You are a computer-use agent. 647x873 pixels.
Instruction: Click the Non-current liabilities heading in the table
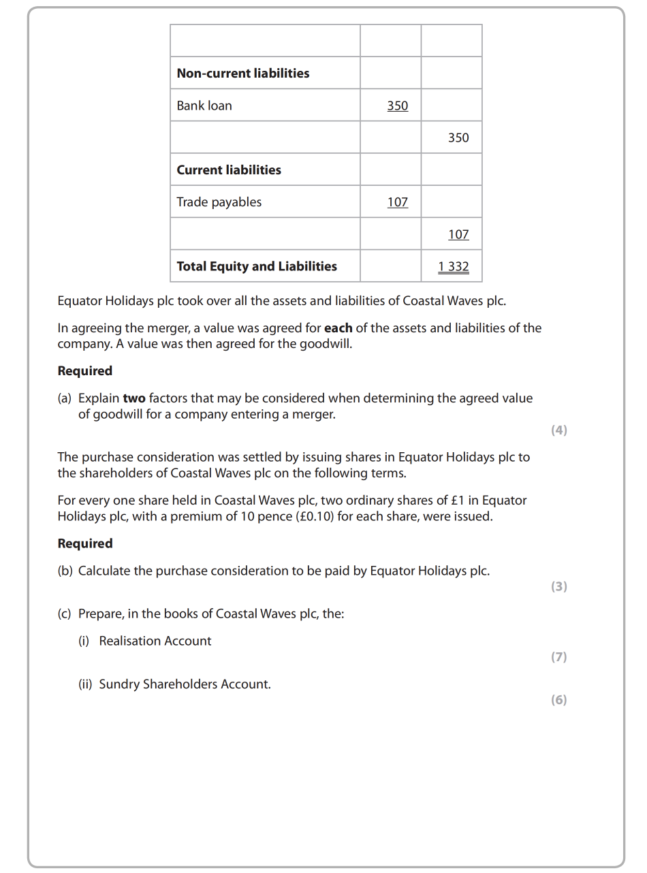coord(242,74)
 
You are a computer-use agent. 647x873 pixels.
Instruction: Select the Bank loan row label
coord(204,106)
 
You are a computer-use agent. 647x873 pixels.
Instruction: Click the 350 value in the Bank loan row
coord(397,106)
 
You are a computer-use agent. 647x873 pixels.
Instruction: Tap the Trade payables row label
coord(219,202)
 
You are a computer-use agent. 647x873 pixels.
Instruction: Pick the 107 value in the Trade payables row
coord(397,202)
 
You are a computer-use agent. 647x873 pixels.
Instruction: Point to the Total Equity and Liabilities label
coord(256,266)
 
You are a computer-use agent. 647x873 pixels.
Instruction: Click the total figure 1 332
coord(454,266)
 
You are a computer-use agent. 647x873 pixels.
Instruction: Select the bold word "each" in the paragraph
coord(338,328)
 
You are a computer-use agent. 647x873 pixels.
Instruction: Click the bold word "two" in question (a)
coord(134,398)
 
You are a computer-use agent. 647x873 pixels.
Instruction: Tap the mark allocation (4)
coord(558,430)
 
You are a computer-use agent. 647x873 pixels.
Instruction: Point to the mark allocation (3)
coord(558,586)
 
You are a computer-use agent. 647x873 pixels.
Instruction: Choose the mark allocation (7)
coord(558,657)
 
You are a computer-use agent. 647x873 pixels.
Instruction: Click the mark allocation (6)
coord(558,700)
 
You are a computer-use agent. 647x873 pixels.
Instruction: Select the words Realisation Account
coord(155,641)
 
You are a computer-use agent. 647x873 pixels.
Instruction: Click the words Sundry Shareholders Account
coord(185,684)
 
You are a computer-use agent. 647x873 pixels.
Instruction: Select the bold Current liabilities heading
coord(228,170)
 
